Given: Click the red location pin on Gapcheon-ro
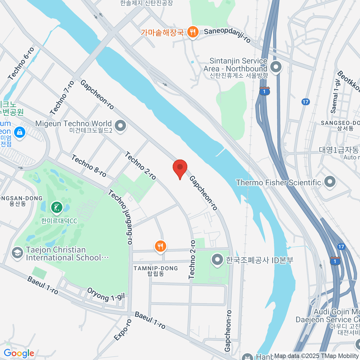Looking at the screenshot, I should pos(180,167).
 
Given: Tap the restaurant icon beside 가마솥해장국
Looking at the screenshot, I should pos(193,31).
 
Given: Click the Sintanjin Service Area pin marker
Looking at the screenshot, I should pos(276,67).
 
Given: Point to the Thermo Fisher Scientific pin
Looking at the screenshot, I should pos(330,182).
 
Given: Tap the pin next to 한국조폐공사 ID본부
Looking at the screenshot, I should pos(217,260).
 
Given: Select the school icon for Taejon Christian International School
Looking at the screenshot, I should pos(17,253).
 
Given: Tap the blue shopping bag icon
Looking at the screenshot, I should pos(20,132).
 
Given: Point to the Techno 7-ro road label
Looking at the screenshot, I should pos(62,98).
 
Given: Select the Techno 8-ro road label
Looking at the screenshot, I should pos(89,166).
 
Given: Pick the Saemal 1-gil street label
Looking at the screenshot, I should pos(335,96).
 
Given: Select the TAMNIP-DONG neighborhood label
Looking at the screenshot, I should pos(156,271).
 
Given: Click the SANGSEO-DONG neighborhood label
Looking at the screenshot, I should pos(340,125).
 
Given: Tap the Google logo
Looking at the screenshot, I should pos(19,353).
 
